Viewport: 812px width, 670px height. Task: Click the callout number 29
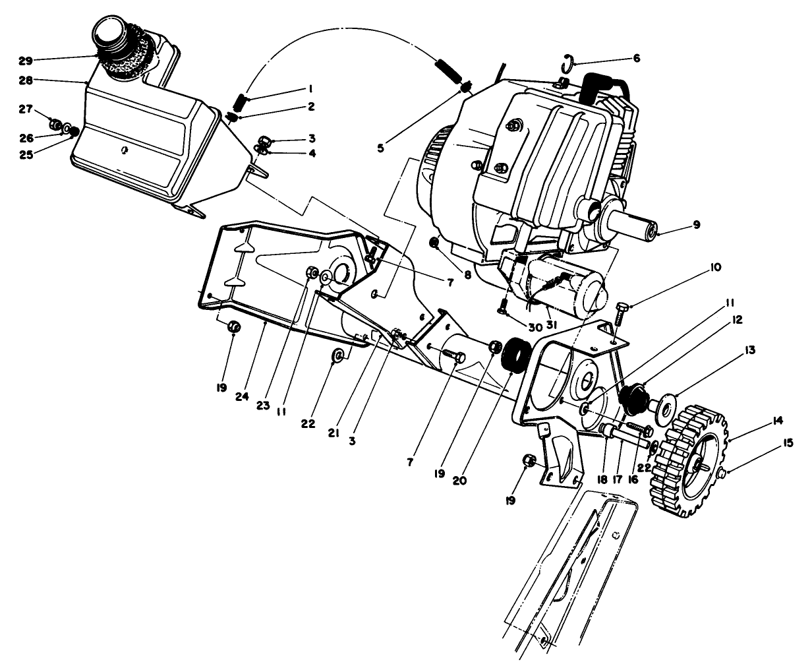[x=25, y=60]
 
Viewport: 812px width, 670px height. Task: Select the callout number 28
[x=25, y=80]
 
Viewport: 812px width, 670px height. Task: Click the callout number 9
[x=696, y=225]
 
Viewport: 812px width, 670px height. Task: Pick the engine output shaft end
[x=651, y=231]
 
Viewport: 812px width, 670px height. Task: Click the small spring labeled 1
[x=242, y=104]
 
